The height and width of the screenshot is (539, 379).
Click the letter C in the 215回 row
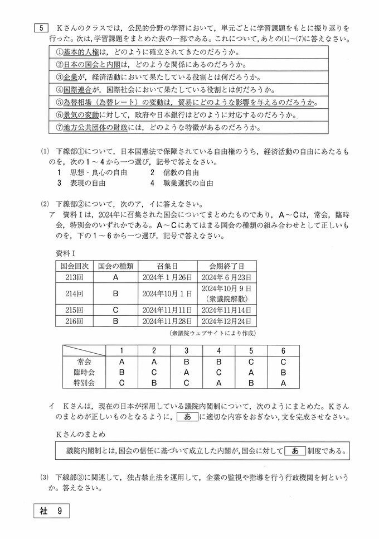pos(115,310)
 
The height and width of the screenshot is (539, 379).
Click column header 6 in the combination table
pos(283,350)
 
